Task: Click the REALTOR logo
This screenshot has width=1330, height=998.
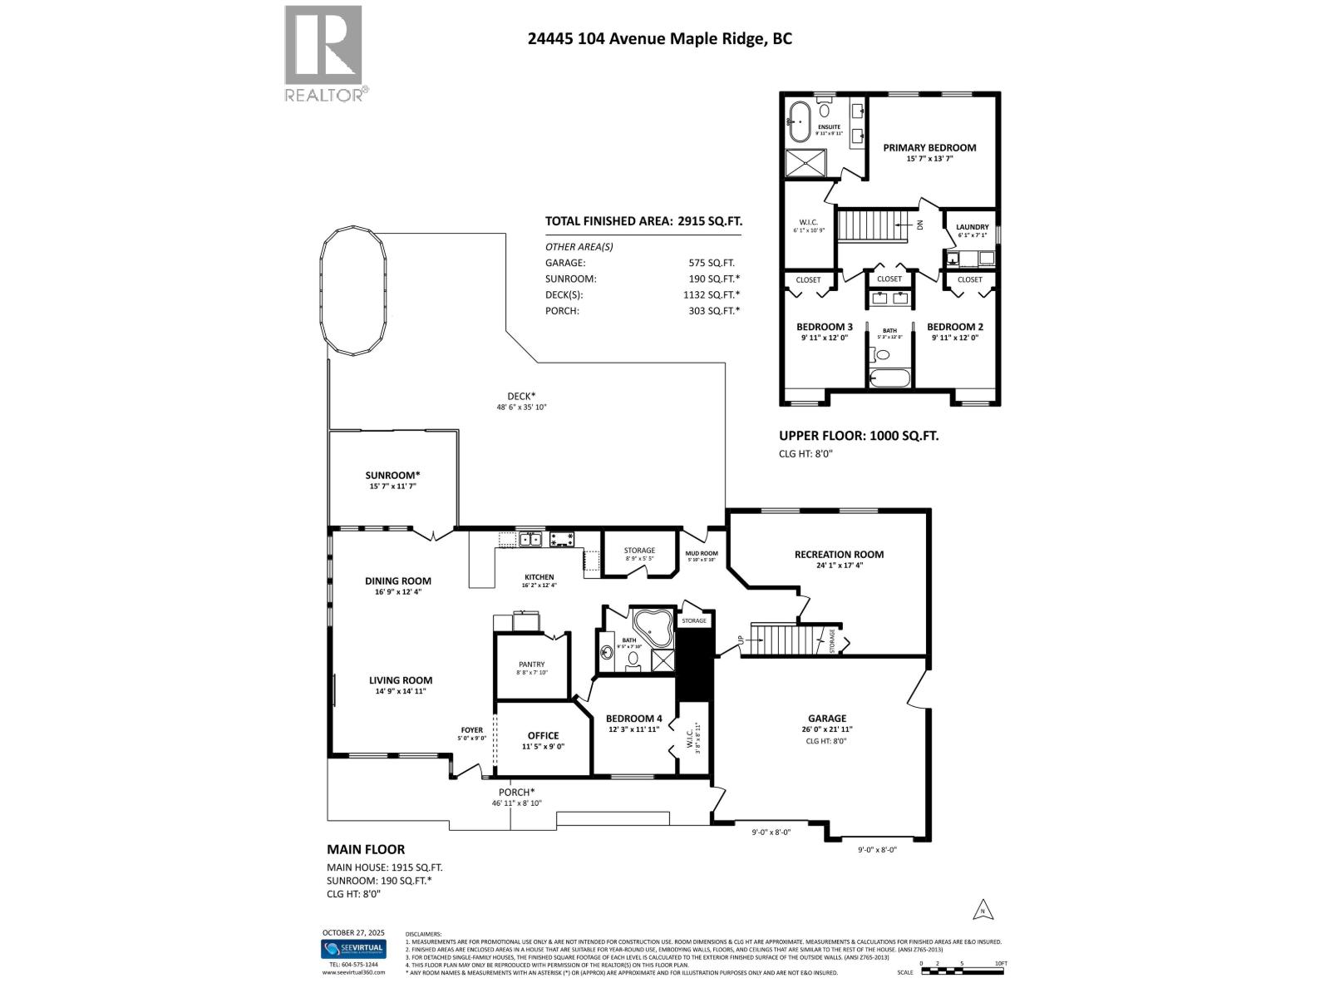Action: (x=324, y=53)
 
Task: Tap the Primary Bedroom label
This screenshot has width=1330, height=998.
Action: (x=929, y=147)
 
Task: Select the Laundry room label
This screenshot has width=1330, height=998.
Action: (x=972, y=227)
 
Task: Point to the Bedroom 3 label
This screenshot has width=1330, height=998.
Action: (x=824, y=327)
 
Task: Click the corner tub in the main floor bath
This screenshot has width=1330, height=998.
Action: (x=653, y=630)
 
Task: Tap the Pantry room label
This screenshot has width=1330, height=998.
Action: (x=531, y=665)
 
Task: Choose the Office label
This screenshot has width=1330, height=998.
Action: (x=543, y=735)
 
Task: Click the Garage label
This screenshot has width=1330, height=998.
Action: (x=826, y=719)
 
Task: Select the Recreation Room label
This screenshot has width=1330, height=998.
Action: (x=839, y=554)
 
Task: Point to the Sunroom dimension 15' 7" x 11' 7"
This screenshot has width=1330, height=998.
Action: (x=392, y=487)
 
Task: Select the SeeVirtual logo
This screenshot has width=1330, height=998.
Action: (x=353, y=949)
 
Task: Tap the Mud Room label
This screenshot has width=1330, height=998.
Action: (x=701, y=553)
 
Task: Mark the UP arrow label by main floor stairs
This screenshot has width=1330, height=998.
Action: (x=740, y=640)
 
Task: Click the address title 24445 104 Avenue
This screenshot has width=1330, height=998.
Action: (x=659, y=38)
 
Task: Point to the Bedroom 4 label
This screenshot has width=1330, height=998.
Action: (x=633, y=719)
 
